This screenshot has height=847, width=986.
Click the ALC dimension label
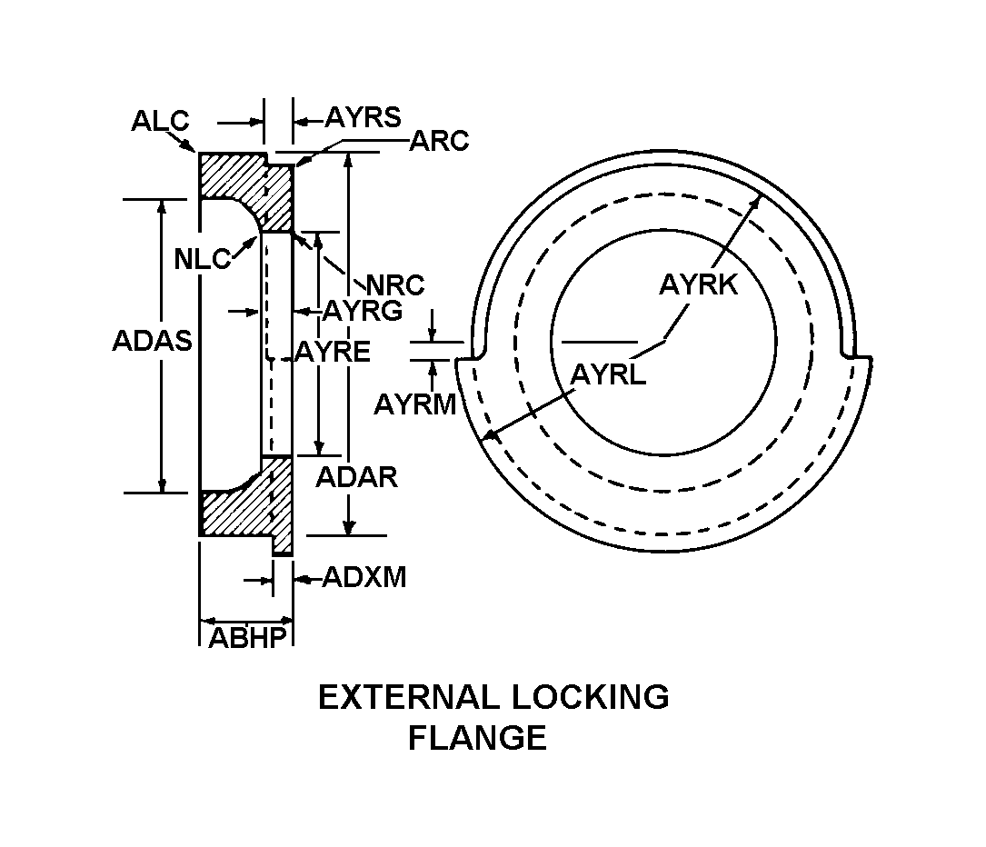pyautogui.click(x=160, y=121)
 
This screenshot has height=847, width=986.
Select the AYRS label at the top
pyautogui.click(x=363, y=117)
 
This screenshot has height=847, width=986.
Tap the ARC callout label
pyautogui.click(x=440, y=142)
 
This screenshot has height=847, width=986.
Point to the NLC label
pyautogui.click(x=203, y=259)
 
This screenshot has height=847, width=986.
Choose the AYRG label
pyautogui.click(x=363, y=311)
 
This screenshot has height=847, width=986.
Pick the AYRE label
pyautogui.click(x=333, y=352)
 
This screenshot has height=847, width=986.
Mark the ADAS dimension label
pyautogui.click(x=152, y=342)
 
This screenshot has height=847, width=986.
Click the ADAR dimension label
pyautogui.click(x=356, y=478)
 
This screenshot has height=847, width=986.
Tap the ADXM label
pyautogui.click(x=364, y=577)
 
